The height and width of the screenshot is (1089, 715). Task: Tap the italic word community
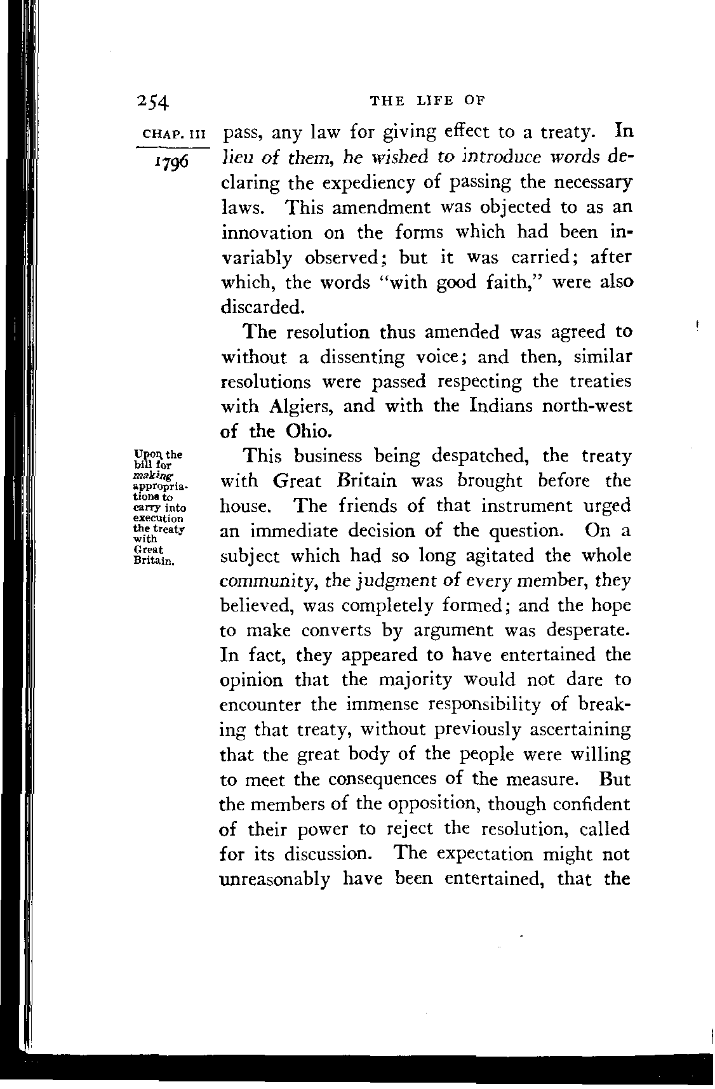268,581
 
